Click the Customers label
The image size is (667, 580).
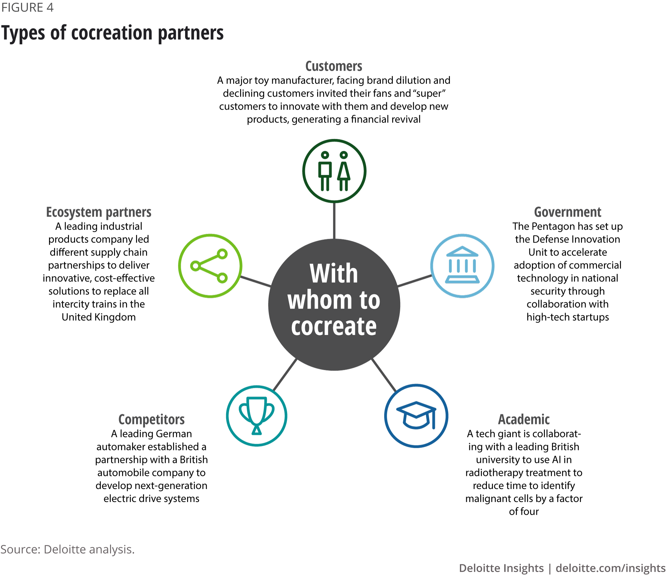(x=334, y=66)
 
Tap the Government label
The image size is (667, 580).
(x=568, y=212)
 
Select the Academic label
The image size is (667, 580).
(x=524, y=419)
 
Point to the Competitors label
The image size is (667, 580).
(x=151, y=419)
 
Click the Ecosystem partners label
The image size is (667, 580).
(x=99, y=212)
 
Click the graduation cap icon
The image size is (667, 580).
(x=416, y=416)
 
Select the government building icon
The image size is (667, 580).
(x=462, y=266)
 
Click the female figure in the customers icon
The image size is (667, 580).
(x=344, y=171)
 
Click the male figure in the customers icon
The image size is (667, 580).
(x=325, y=171)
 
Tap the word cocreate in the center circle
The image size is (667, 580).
(x=334, y=326)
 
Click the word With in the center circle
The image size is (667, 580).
(x=334, y=273)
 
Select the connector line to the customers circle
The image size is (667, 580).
(x=334, y=221)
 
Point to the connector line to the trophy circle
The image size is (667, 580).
(x=284, y=374)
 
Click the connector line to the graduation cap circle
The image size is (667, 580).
(x=384, y=375)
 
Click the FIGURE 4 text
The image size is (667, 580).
(x=27, y=7)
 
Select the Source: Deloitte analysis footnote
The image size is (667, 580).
(x=67, y=549)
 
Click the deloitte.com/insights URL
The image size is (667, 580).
(x=611, y=568)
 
